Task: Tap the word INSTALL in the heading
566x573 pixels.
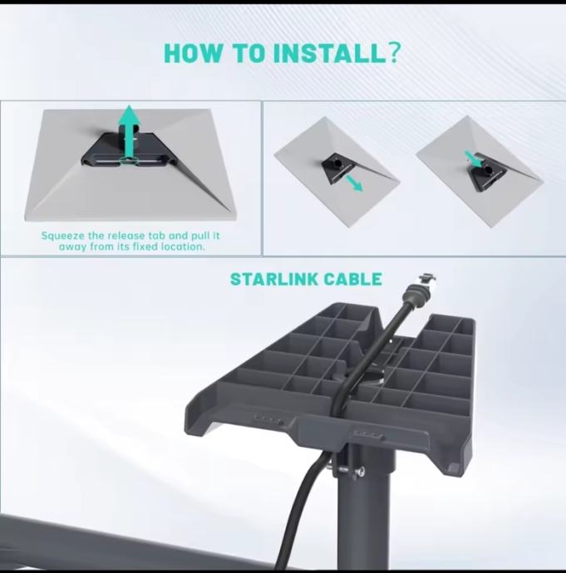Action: pyautogui.click(x=329, y=53)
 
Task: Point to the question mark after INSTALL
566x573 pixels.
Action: pyautogui.click(x=394, y=53)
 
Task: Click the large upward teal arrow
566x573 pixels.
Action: pyautogui.click(x=129, y=133)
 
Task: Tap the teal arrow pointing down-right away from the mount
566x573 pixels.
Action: pyautogui.click(x=354, y=183)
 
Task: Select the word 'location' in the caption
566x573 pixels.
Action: pyautogui.click(x=182, y=247)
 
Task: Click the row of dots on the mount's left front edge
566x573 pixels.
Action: pyautogui.click(x=268, y=419)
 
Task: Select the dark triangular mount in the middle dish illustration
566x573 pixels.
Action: pyautogui.click(x=337, y=169)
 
